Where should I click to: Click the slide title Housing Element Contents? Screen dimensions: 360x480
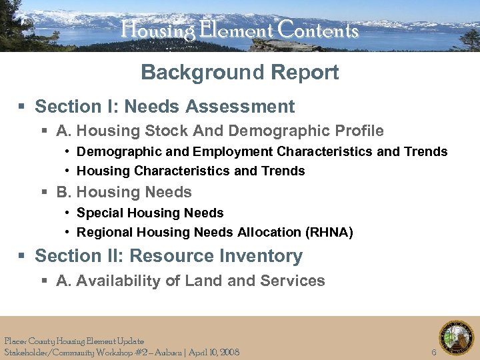pos(239,30)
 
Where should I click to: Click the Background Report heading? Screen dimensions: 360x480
pos(239,72)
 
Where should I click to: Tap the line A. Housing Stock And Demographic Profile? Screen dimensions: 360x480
pos(220,131)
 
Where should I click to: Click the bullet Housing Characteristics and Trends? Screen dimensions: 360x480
pos(191,171)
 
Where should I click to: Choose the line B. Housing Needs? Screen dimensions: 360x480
pos(124,193)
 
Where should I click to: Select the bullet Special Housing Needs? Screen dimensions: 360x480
pos(150,213)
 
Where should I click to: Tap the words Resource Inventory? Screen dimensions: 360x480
pos(216,256)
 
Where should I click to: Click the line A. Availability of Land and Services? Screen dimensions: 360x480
pos(191,281)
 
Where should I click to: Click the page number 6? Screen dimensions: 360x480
pos(434,352)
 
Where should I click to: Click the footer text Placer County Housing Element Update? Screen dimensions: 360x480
pos(73,341)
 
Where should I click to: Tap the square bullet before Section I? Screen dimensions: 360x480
pos(21,107)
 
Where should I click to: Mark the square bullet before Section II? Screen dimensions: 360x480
pos(21,257)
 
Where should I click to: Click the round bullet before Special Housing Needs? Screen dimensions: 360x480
pos(68,213)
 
